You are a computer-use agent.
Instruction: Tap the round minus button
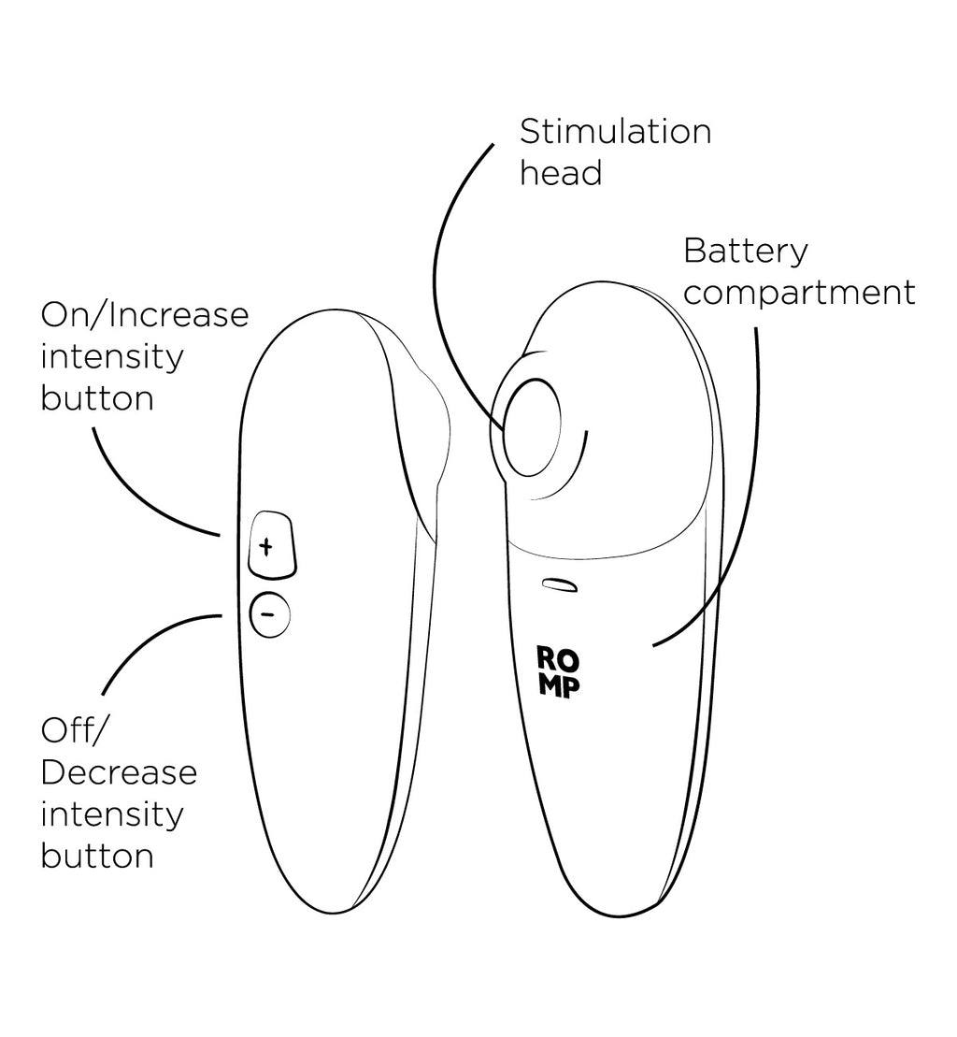(269, 614)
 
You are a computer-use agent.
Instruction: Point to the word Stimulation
(615, 132)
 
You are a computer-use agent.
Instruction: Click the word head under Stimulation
(561, 174)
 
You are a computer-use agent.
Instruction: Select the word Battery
(746, 252)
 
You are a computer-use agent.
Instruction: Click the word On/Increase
(145, 315)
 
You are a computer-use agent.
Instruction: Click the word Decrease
(119, 772)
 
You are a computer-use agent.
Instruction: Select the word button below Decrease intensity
(96, 856)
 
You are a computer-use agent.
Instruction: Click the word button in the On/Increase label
(96, 399)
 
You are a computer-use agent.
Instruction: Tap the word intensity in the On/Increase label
(112, 357)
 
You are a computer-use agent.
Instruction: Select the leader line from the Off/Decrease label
(140, 645)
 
